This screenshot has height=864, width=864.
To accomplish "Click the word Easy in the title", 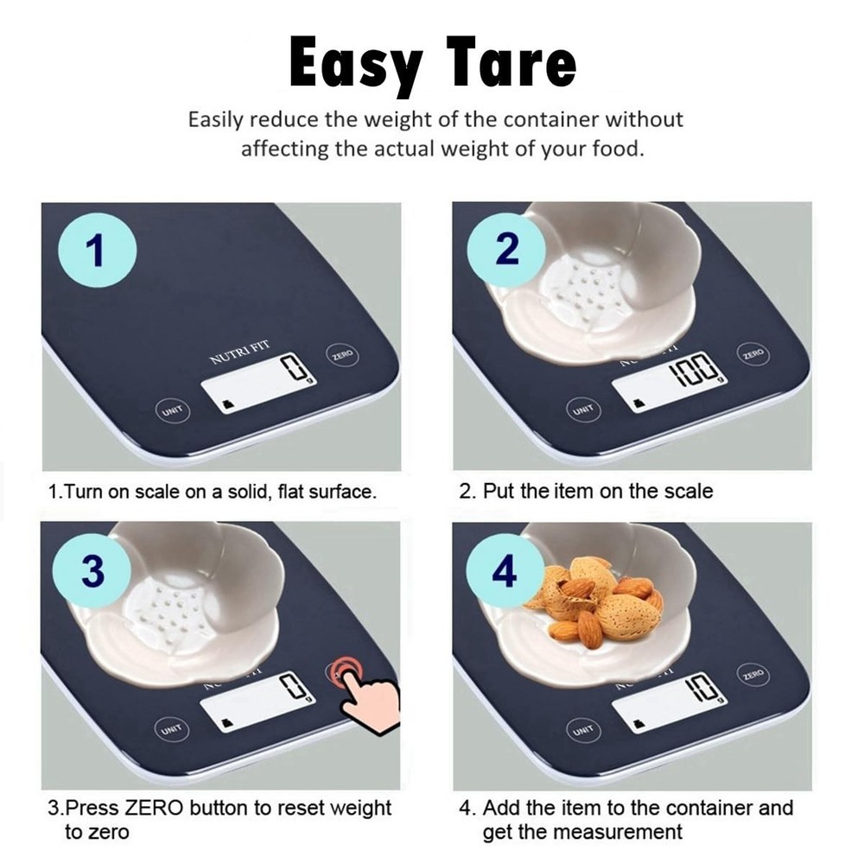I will pos(356,65).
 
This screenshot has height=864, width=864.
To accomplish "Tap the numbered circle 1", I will pos(97,251).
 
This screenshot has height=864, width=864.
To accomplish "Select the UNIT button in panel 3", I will pos(170,730).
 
